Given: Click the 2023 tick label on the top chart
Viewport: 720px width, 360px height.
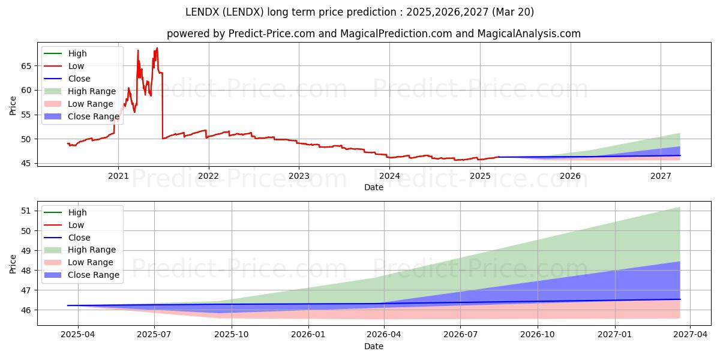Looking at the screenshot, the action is point(299,176).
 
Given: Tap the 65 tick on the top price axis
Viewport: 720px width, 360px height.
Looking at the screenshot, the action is point(26,66).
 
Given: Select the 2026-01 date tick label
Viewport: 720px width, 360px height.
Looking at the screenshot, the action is point(308,335).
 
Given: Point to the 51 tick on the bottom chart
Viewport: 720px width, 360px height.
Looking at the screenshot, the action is point(26,211).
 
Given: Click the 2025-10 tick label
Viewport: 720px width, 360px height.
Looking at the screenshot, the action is point(232,335).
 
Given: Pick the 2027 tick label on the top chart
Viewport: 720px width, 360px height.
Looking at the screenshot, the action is point(661,176).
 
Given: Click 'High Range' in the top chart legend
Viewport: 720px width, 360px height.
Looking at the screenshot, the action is point(92,91).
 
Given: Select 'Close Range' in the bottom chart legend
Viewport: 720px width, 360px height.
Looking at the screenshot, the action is point(94,275).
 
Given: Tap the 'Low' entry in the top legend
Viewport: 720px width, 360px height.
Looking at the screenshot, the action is point(76,66).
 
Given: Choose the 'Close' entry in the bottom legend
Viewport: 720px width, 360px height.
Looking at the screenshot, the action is point(79,238).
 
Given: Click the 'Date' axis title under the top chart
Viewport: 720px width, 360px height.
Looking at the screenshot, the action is point(374,187).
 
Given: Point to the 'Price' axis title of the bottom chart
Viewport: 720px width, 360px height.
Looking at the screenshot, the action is point(13,264).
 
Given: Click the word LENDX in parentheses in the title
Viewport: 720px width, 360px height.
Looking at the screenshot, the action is point(243,12).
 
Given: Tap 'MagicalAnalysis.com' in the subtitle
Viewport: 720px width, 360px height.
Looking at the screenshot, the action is point(529,34).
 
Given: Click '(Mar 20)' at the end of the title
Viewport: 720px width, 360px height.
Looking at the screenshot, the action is point(512,12).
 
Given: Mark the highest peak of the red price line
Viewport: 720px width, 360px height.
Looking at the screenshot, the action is point(157,48).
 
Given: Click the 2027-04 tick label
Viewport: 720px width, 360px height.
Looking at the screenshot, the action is point(691,335).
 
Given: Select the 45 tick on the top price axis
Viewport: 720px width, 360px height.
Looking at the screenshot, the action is point(26,164).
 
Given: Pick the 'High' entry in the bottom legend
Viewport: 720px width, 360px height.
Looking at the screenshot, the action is point(77,212).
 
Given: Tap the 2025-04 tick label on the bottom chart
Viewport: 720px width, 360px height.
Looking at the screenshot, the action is point(78,335).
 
